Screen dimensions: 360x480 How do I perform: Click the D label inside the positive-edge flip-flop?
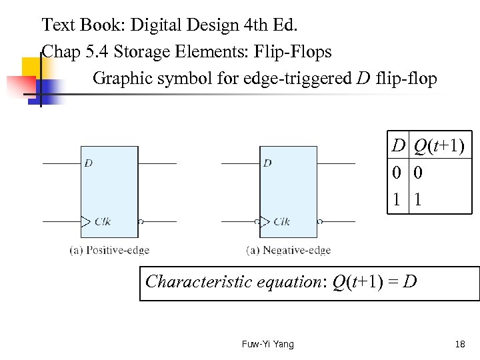(88, 163)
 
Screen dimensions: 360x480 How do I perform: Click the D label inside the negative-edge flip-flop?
(267, 163)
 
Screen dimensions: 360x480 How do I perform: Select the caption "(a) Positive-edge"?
(109, 251)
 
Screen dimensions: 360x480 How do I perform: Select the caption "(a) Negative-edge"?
(289, 251)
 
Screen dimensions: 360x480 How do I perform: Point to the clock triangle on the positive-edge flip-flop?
(85, 221)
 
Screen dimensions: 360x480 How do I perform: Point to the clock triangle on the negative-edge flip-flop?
(265, 221)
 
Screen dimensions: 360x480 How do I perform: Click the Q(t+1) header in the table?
(439, 145)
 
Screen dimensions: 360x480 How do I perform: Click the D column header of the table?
(398, 145)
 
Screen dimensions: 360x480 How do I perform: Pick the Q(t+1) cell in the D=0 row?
(418, 173)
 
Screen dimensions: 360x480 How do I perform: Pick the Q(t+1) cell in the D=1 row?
(418, 199)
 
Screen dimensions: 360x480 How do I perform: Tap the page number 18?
(459, 344)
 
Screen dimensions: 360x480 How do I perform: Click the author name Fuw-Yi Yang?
(268, 344)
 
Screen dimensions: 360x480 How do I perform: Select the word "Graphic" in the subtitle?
(119, 79)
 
